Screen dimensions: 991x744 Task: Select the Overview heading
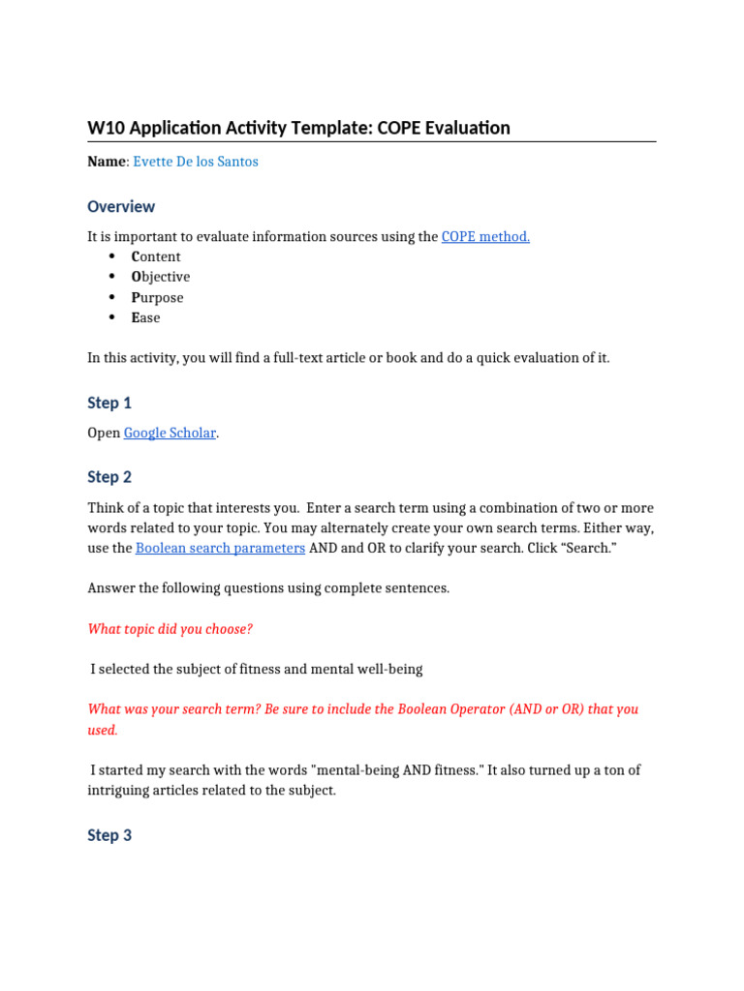click(x=121, y=206)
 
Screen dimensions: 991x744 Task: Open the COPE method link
click(x=485, y=236)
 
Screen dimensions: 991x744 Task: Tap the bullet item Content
click(x=156, y=256)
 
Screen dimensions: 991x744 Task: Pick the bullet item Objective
click(x=161, y=277)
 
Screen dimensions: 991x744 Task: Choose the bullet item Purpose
click(x=157, y=297)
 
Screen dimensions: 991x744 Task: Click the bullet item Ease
click(x=146, y=317)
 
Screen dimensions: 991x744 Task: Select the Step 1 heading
click(x=109, y=403)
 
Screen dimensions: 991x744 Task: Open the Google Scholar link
click(x=170, y=433)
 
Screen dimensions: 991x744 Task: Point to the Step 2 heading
click(x=109, y=477)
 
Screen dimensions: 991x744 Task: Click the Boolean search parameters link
click(x=220, y=548)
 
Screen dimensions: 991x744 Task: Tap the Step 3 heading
click(x=109, y=835)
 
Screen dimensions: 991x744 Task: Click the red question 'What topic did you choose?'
click(x=170, y=629)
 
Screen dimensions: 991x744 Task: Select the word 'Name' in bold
click(x=107, y=162)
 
